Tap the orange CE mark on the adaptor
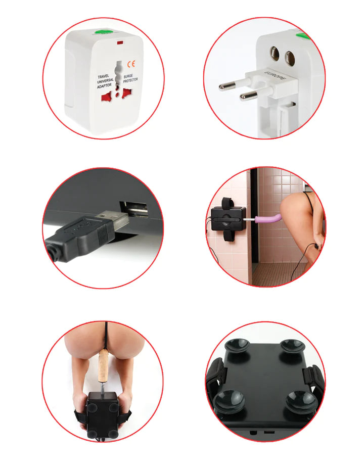tap(131, 64)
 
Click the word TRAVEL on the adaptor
tap(105, 76)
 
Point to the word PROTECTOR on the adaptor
tap(131, 81)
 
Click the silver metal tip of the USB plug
tap(113, 220)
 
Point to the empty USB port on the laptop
tap(133, 208)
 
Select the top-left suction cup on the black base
tap(237, 346)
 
